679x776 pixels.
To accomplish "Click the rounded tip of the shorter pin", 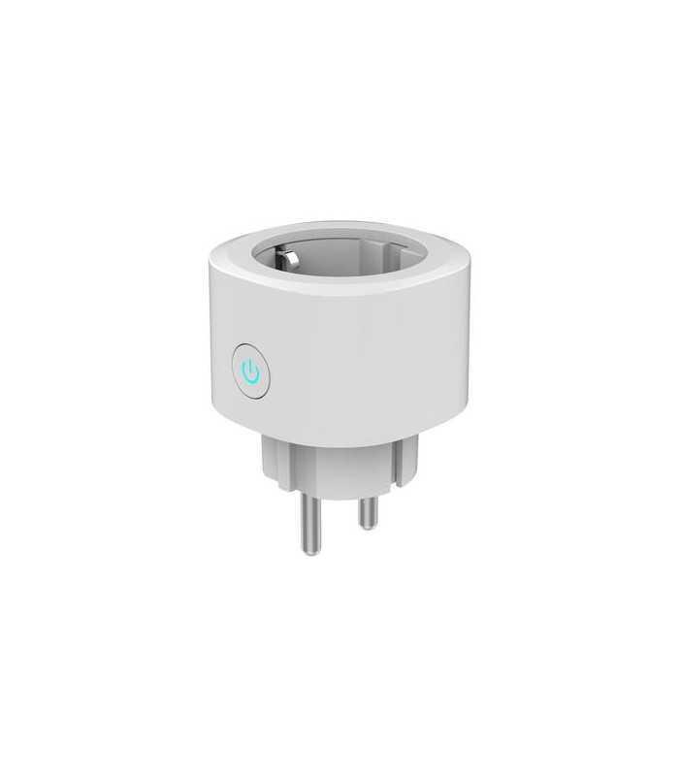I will [367, 525].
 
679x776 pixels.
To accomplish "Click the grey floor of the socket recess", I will [339, 266].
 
